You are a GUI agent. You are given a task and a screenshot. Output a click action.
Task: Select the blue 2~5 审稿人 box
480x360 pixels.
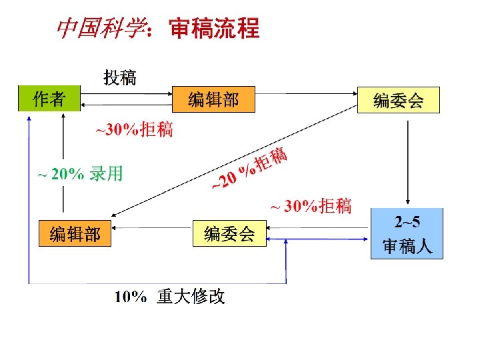(x=407, y=233)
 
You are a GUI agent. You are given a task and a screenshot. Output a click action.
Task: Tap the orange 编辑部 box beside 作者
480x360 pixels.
(x=213, y=99)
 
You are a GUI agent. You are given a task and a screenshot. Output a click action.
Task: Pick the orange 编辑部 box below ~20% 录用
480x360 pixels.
(x=75, y=233)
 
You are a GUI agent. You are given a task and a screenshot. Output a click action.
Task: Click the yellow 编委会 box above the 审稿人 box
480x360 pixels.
(x=399, y=100)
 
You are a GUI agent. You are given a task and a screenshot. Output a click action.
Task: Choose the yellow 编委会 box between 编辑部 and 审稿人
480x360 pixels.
(x=229, y=233)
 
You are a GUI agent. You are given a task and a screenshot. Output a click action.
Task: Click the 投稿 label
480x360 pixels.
(x=119, y=77)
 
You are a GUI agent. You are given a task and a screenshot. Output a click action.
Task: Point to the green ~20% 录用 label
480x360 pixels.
(x=79, y=175)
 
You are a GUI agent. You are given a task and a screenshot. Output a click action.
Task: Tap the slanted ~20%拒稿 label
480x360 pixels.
(x=249, y=168)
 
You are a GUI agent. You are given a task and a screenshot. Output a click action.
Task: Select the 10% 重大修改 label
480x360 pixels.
(x=170, y=297)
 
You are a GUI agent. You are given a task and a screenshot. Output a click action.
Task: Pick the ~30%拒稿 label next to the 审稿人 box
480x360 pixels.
(x=310, y=206)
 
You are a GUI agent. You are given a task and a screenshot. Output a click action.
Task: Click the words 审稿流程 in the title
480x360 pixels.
(x=214, y=29)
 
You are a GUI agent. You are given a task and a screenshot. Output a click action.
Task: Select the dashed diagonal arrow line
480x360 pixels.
(x=233, y=160)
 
